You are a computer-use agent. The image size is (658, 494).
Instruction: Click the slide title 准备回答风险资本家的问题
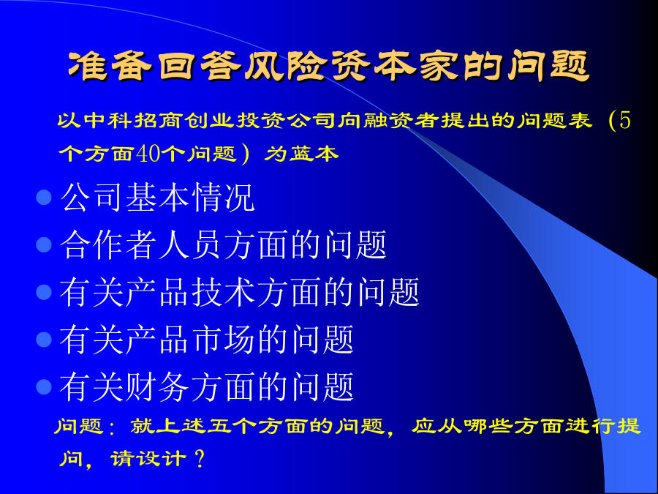click(329, 66)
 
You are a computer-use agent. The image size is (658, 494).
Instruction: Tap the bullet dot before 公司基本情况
click(44, 197)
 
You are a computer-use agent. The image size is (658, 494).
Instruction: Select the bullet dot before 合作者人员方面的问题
click(44, 244)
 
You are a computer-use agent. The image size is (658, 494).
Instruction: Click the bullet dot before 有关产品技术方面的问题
click(44, 292)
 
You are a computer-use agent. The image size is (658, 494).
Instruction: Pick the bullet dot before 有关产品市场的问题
click(44, 340)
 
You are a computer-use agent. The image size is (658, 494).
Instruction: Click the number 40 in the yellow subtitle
click(148, 154)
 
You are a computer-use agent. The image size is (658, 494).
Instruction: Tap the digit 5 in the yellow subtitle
click(625, 121)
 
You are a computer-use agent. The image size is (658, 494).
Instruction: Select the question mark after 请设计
click(200, 459)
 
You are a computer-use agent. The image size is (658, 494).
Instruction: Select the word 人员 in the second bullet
click(190, 244)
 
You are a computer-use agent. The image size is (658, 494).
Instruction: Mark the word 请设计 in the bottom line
click(147, 459)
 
